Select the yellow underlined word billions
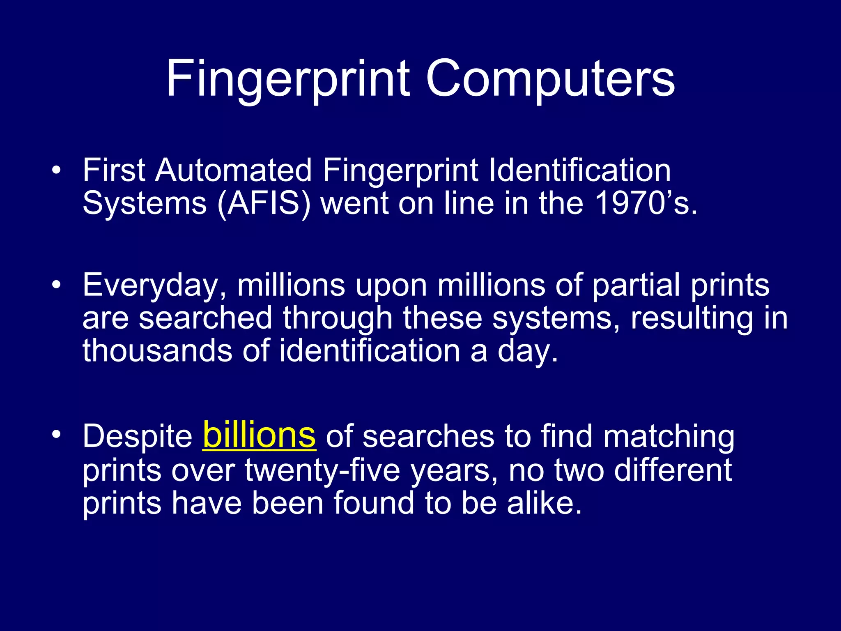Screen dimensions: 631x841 [259, 435]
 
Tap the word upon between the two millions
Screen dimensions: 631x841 [391, 286]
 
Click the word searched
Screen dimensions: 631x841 [205, 318]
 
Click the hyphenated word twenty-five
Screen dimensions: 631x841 [322, 470]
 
